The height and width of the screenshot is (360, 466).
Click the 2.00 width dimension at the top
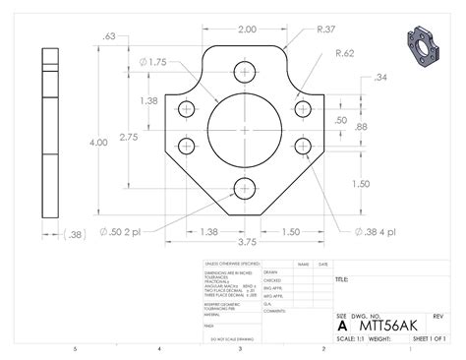[246, 30]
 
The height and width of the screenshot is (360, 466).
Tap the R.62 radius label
[345, 53]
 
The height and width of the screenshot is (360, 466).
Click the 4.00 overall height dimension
[98, 143]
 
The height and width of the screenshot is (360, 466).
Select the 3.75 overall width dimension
[245, 242]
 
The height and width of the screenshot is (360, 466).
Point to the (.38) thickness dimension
[73, 234]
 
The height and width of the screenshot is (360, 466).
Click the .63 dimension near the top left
[109, 36]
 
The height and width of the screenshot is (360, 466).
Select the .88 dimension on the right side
[362, 127]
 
